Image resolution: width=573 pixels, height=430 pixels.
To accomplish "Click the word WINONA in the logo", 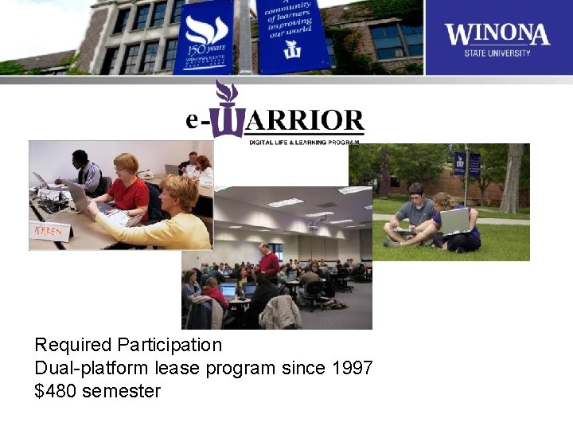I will pos(497,33).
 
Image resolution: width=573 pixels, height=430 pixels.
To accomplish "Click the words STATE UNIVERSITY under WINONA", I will pos(497,53).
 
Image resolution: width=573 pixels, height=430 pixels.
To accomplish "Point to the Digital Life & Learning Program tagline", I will pos(304,141).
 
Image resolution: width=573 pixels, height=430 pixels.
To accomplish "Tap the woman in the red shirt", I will pos(127,187).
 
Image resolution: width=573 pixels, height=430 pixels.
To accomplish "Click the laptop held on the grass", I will pos(455,221).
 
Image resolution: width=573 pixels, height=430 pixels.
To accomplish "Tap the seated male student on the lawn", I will pos(412,215).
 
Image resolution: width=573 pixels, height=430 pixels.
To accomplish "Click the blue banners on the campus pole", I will pos(466,163).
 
